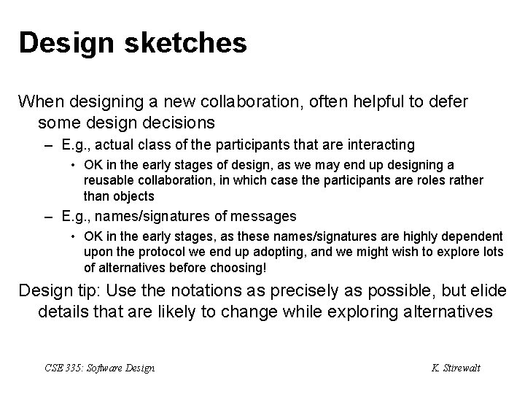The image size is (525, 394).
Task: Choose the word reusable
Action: point(109,180)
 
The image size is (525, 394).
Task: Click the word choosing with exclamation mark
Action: point(241,267)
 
